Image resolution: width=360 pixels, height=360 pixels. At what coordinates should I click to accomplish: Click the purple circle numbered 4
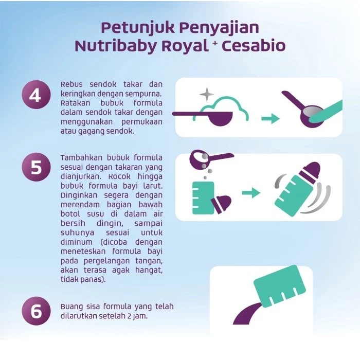click(37, 95)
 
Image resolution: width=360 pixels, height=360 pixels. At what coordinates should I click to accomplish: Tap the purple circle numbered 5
click(37, 167)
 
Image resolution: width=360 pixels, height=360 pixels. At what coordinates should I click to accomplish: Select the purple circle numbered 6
click(37, 311)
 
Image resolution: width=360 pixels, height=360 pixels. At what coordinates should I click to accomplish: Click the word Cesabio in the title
click(254, 46)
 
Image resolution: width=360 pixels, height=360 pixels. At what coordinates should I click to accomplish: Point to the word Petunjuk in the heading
click(138, 28)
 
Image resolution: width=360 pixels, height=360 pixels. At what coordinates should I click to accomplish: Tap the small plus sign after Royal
click(215, 43)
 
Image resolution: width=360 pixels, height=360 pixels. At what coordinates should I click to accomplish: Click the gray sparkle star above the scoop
click(207, 94)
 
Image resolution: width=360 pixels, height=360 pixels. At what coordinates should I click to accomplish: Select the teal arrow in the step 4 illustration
click(271, 118)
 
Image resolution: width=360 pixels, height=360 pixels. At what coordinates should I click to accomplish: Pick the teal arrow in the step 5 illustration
click(251, 193)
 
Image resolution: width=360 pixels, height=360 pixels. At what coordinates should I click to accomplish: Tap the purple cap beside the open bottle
click(221, 204)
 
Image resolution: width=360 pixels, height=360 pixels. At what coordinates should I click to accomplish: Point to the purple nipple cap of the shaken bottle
click(310, 170)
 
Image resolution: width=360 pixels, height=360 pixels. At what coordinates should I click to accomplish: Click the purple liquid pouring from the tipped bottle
click(248, 313)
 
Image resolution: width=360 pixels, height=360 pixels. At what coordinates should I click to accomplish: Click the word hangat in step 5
click(149, 271)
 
